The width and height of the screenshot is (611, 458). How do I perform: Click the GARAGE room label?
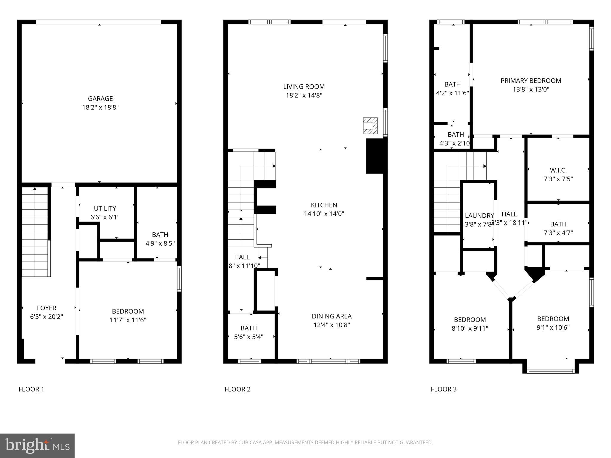click(x=100, y=99)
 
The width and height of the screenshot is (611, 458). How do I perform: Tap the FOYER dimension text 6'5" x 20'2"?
click(x=47, y=317)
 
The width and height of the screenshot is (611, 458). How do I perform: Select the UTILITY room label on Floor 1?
click(x=105, y=208)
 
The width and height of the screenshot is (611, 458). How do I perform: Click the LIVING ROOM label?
click(x=304, y=87)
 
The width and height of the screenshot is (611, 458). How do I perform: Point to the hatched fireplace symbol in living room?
click(x=370, y=126)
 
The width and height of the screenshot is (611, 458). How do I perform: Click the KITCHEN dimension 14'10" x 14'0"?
click(x=324, y=214)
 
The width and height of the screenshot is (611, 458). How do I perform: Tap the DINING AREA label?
click(x=331, y=316)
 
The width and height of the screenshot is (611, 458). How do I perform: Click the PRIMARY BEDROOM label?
click(x=530, y=81)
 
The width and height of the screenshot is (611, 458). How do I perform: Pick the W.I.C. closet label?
click(x=558, y=170)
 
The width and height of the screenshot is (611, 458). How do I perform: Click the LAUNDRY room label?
click(x=479, y=216)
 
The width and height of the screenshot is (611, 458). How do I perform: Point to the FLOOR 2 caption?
click(x=237, y=389)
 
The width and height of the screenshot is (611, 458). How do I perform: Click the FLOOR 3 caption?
click(x=443, y=389)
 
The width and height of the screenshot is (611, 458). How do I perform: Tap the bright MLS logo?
click(x=37, y=445)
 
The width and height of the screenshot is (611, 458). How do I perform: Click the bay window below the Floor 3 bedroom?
click(x=550, y=371)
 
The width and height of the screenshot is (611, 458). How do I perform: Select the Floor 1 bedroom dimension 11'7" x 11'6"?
click(x=128, y=320)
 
